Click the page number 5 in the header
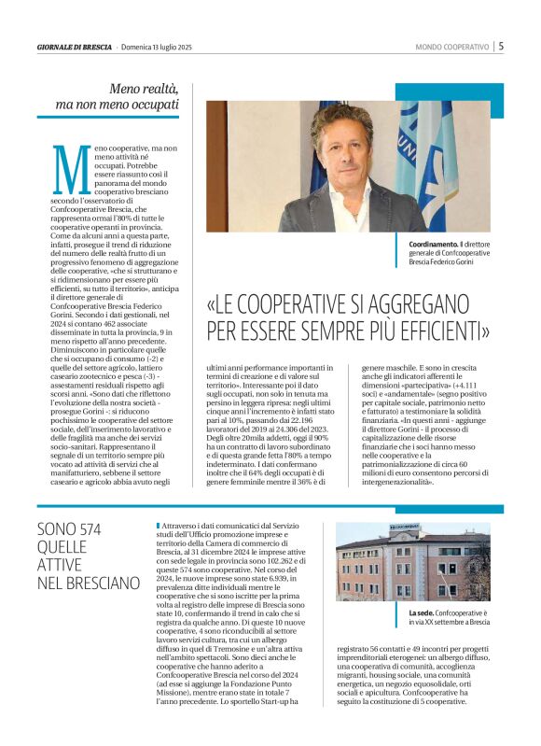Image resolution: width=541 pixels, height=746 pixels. pos(501,46)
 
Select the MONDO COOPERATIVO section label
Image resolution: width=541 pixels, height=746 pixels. pos(452,47)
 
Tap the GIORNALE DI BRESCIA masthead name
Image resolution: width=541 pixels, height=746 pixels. pos(74,47)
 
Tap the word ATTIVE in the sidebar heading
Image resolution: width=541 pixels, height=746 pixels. pos(60,566)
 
